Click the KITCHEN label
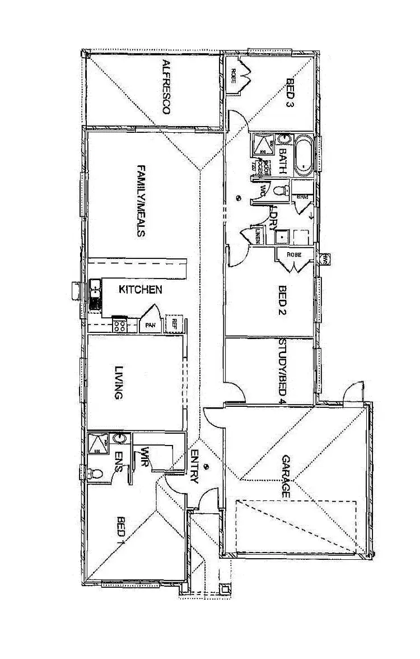coord(141,290)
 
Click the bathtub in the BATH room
coord(305,152)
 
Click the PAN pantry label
coord(150,324)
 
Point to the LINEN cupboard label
coord(258,235)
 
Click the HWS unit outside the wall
coord(325,258)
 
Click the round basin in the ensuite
coord(118,438)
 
